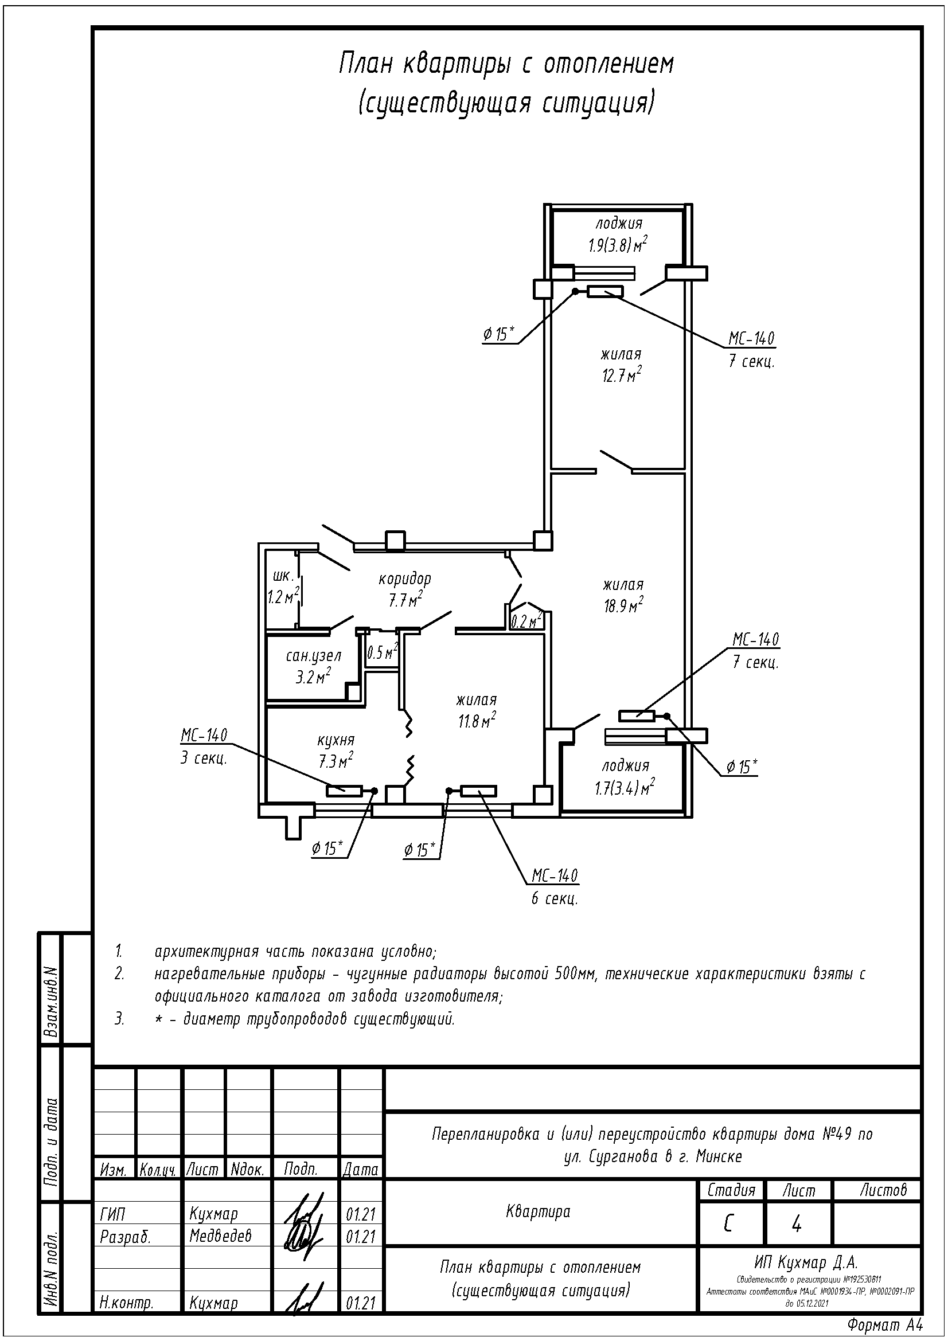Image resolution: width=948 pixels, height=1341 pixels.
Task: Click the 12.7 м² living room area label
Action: (622, 365)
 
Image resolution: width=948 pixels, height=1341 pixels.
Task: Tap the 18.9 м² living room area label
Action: (623, 595)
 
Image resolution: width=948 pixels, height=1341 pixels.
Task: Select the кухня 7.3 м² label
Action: (335, 750)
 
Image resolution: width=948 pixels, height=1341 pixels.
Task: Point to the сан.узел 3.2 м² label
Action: (313, 666)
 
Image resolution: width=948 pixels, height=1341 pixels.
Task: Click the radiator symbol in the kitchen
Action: (345, 791)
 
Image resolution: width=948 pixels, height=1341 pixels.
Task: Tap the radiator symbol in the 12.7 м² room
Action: (605, 291)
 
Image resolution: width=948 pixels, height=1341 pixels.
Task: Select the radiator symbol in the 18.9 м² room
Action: (637, 716)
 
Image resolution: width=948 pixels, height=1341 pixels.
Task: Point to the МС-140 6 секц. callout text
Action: (555, 887)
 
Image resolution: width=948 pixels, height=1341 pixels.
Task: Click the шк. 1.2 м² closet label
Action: (283, 587)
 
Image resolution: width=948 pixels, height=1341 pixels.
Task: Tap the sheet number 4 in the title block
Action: (795, 1224)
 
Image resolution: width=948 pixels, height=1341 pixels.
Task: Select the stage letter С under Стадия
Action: (728, 1224)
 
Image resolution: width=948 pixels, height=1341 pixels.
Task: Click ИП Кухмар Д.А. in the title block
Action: (805, 1264)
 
